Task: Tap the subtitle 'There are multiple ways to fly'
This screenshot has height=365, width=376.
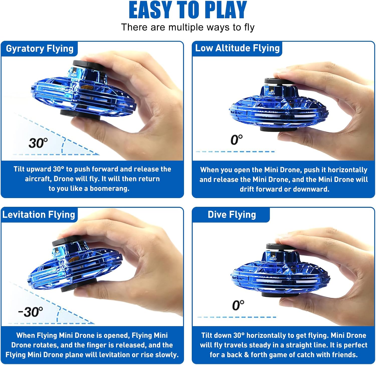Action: tap(188, 27)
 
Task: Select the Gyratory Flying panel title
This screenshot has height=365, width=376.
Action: tap(40, 49)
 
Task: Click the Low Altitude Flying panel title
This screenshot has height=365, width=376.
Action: tap(237, 48)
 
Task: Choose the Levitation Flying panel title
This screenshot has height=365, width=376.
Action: tap(39, 215)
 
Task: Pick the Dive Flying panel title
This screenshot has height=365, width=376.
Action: tap(232, 215)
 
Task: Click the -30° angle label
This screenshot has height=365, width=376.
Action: tap(31, 312)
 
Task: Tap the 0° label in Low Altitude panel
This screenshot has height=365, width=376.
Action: tap(236, 140)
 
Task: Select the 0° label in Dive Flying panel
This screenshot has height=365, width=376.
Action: tap(238, 305)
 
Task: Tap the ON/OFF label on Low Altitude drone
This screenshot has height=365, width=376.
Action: tap(271, 94)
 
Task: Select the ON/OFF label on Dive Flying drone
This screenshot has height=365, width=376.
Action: tap(273, 259)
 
